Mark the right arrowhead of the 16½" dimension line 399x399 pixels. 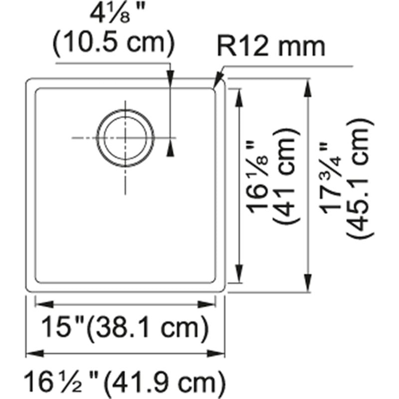point(219,354)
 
